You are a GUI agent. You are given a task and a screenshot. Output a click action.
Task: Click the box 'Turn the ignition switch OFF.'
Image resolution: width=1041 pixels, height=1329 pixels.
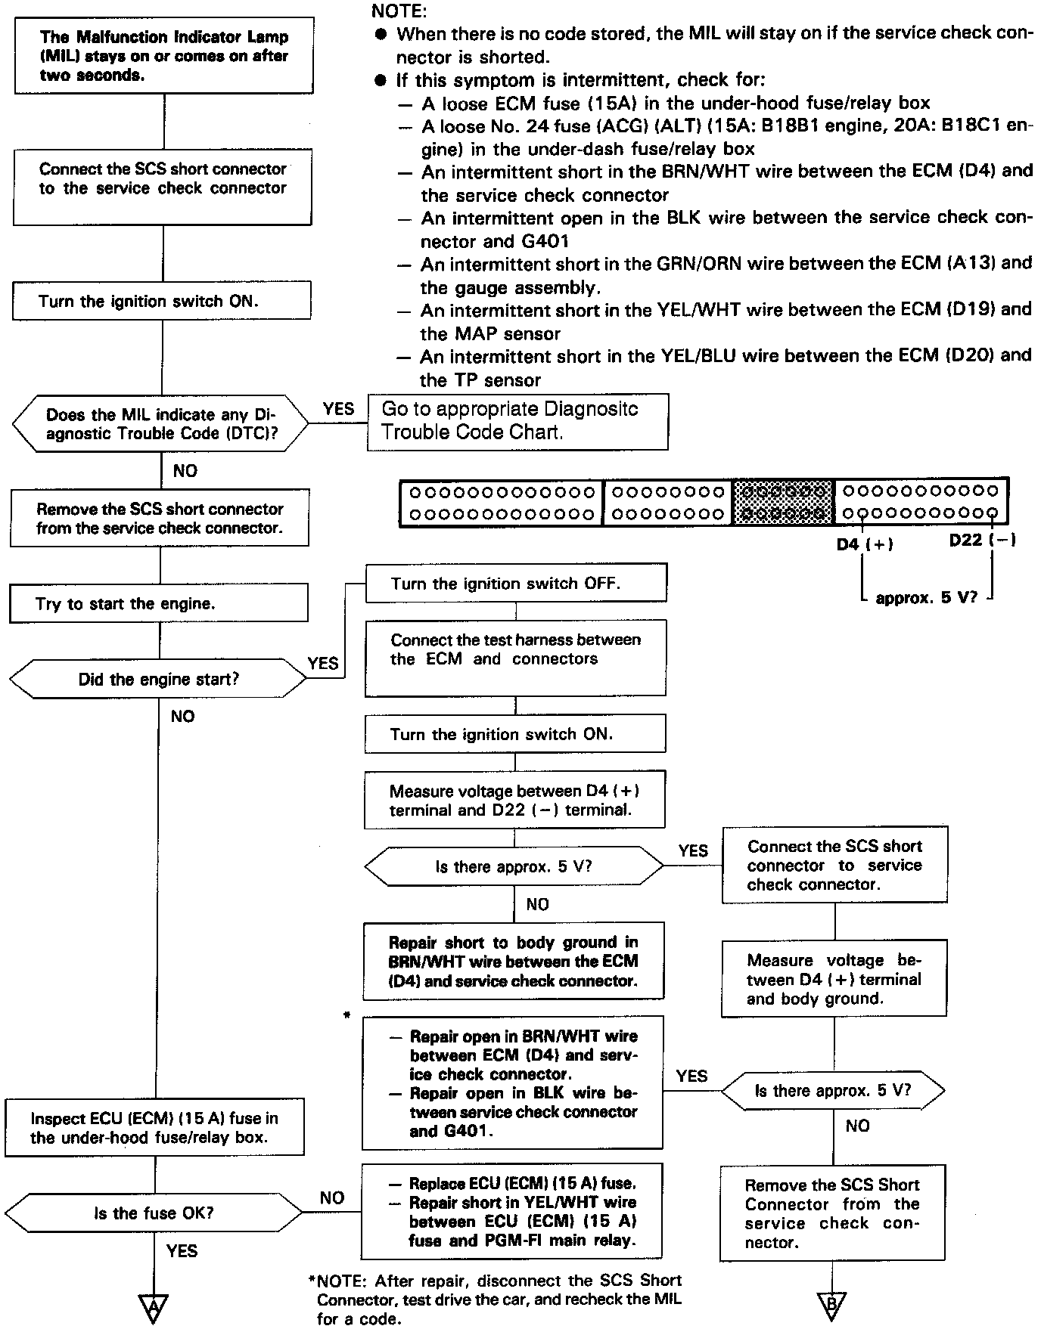pyautogui.click(x=516, y=583)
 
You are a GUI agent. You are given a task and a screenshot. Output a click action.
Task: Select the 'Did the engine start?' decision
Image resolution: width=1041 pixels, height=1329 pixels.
pyautogui.click(x=158, y=679)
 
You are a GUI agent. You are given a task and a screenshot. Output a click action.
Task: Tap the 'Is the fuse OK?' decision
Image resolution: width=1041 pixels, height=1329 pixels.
pyautogui.click(x=154, y=1213)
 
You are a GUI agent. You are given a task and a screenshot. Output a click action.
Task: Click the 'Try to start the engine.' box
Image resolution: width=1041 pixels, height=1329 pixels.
pyautogui.click(x=159, y=603)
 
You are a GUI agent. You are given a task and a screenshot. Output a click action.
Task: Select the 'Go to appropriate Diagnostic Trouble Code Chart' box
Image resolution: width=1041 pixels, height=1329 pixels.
pyautogui.click(x=517, y=421)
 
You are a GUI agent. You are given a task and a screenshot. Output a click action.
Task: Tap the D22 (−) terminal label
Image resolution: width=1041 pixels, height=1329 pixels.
pyautogui.click(x=982, y=540)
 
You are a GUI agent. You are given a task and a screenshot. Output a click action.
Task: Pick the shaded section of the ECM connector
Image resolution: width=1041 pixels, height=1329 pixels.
pyautogui.click(x=783, y=502)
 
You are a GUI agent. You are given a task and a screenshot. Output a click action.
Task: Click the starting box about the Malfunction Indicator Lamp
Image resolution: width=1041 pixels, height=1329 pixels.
pyautogui.click(x=164, y=56)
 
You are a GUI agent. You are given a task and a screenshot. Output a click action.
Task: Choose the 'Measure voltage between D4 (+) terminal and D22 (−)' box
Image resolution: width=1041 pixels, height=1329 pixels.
pyautogui.click(x=514, y=800)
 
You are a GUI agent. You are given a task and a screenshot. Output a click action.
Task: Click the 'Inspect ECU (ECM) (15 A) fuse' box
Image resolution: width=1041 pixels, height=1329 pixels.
pyautogui.click(x=154, y=1128)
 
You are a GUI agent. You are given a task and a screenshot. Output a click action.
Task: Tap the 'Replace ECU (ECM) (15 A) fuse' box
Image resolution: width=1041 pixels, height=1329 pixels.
pyautogui.click(x=512, y=1211)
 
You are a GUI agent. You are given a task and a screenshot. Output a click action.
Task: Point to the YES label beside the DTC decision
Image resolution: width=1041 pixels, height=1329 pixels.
pyautogui.click(x=338, y=409)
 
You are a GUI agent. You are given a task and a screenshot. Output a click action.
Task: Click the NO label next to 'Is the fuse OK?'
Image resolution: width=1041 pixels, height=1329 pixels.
pyautogui.click(x=331, y=1197)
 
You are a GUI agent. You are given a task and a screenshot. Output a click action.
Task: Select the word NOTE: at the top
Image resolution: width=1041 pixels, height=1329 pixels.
pyautogui.click(x=399, y=11)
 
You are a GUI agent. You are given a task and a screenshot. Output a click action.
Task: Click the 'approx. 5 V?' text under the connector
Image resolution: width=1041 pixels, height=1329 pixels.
pyautogui.click(x=926, y=598)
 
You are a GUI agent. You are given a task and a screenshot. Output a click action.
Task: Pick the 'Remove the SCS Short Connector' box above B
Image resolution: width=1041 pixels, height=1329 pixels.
pyautogui.click(x=832, y=1213)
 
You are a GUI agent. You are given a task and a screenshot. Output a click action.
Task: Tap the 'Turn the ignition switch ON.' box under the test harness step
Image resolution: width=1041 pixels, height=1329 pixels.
pyautogui.click(x=515, y=734)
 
